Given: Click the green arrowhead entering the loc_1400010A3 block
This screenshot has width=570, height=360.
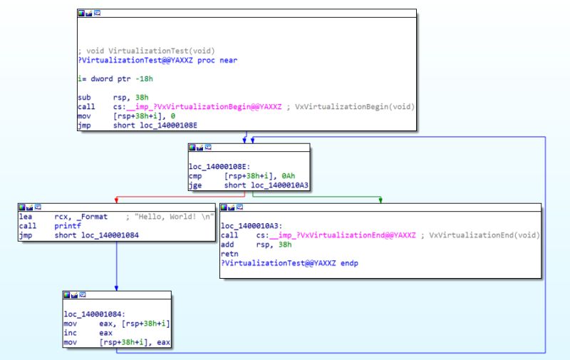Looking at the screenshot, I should pyautogui.click(x=380, y=202).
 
